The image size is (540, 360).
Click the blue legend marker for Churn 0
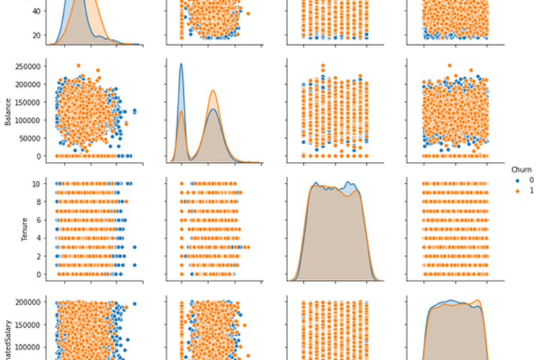point(517,181)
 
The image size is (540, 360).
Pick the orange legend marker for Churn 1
point(517,191)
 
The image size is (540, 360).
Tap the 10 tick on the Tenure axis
point(38,183)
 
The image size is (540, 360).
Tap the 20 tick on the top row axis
point(36,35)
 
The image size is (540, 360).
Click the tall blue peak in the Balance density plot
point(181,64)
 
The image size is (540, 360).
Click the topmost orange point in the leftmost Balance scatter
point(78,66)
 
